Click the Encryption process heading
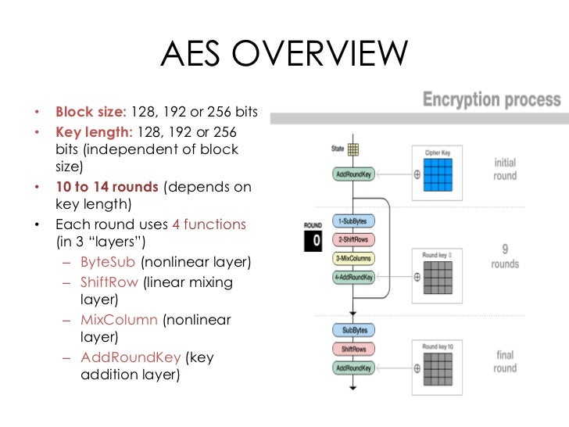coord(492,100)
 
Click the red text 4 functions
coord(209,224)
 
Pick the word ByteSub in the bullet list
coord(109,261)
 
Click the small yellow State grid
coord(353,149)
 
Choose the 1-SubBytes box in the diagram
coord(353,221)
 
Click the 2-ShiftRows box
coord(353,239)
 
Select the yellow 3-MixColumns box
coord(353,258)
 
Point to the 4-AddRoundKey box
coord(353,276)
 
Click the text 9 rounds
coord(505,257)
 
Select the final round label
coord(505,361)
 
